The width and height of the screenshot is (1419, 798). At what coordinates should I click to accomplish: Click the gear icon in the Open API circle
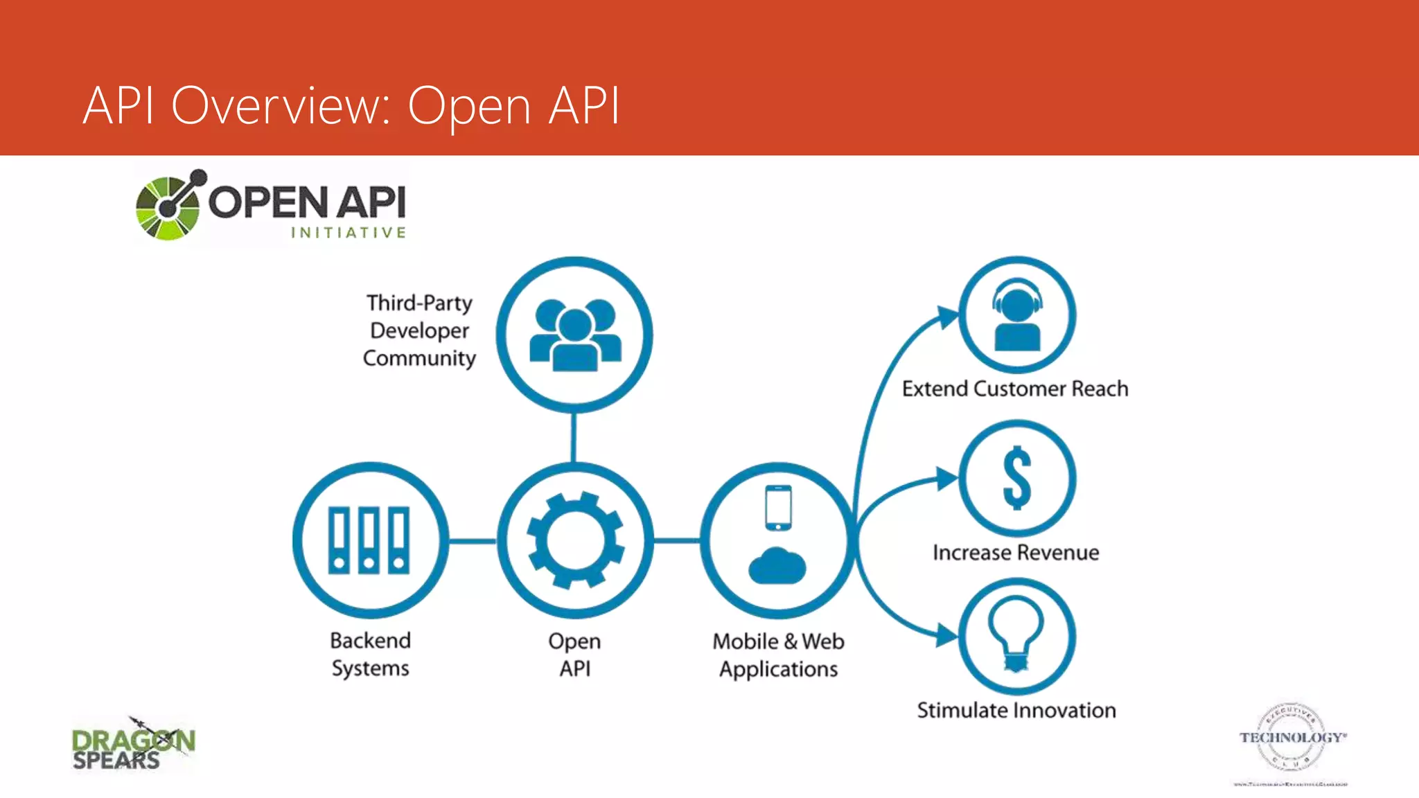(575, 540)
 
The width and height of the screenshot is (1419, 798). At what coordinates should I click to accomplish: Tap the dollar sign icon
(1016, 478)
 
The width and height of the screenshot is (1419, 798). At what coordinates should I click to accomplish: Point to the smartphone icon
(778, 508)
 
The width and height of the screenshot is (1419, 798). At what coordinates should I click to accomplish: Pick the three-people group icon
(575, 335)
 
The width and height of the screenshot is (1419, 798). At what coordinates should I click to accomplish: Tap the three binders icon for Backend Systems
(369, 540)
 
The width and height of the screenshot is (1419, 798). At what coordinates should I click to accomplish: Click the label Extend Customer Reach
(1014, 389)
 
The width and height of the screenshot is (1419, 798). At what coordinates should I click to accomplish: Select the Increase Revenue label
(1015, 553)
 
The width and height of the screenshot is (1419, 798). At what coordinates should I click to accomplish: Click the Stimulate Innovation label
(1016, 710)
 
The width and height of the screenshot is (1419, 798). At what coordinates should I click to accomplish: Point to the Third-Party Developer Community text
(419, 330)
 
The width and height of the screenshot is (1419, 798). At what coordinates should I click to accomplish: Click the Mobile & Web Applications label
(778, 655)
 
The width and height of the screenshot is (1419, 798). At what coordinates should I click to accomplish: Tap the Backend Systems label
(370, 654)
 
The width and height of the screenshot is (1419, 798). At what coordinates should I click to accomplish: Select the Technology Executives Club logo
(1292, 740)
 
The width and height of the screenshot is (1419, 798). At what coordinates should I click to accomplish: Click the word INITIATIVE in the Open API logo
(348, 233)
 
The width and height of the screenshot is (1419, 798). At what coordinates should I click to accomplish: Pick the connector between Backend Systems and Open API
(473, 540)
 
